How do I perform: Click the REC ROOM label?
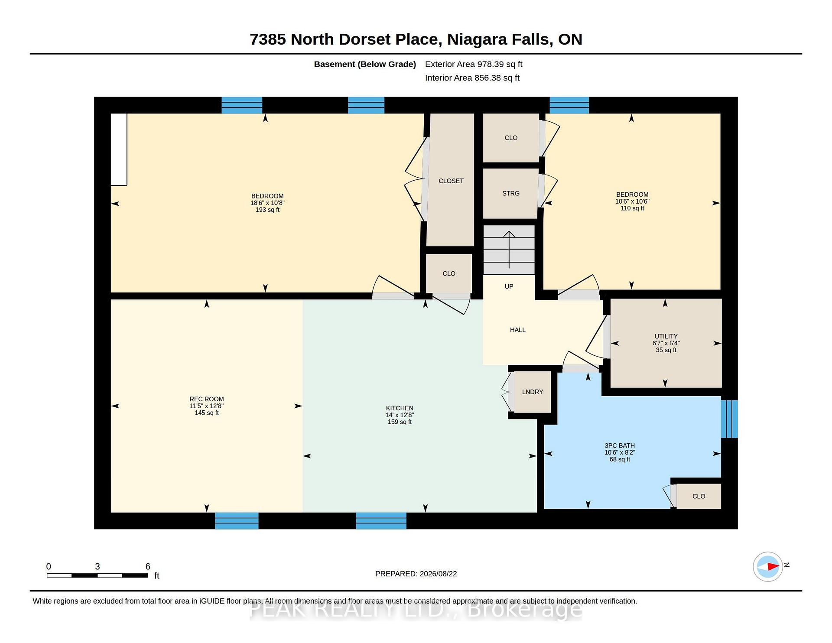click(x=207, y=399)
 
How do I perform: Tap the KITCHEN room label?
click(x=400, y=408)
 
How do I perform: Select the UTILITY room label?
click(x=666, y=336)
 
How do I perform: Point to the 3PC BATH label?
click(x=620, y=445)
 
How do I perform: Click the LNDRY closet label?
click(x=533, y=392)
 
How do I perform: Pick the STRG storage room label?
click(x=511, y=193)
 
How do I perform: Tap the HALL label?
click(x=518, y=330)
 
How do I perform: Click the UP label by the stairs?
click(x=509, y=286)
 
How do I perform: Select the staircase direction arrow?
click(x=509, y=250)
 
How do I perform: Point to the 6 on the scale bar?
click(x=148, y=566)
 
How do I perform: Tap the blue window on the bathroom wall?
click(x=729, y=419)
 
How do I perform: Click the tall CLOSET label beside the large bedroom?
click(x=451, y=181)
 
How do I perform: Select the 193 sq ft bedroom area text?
click(x=267, y=210)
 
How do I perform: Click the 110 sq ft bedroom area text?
click(x=632, y=208)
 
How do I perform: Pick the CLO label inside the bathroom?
click(x=699, y=496)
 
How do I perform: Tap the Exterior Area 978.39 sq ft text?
click(x=474, y=64)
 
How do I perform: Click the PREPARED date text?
click(x=416, y=574)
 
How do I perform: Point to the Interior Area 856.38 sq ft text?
click(x=472, y=78)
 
